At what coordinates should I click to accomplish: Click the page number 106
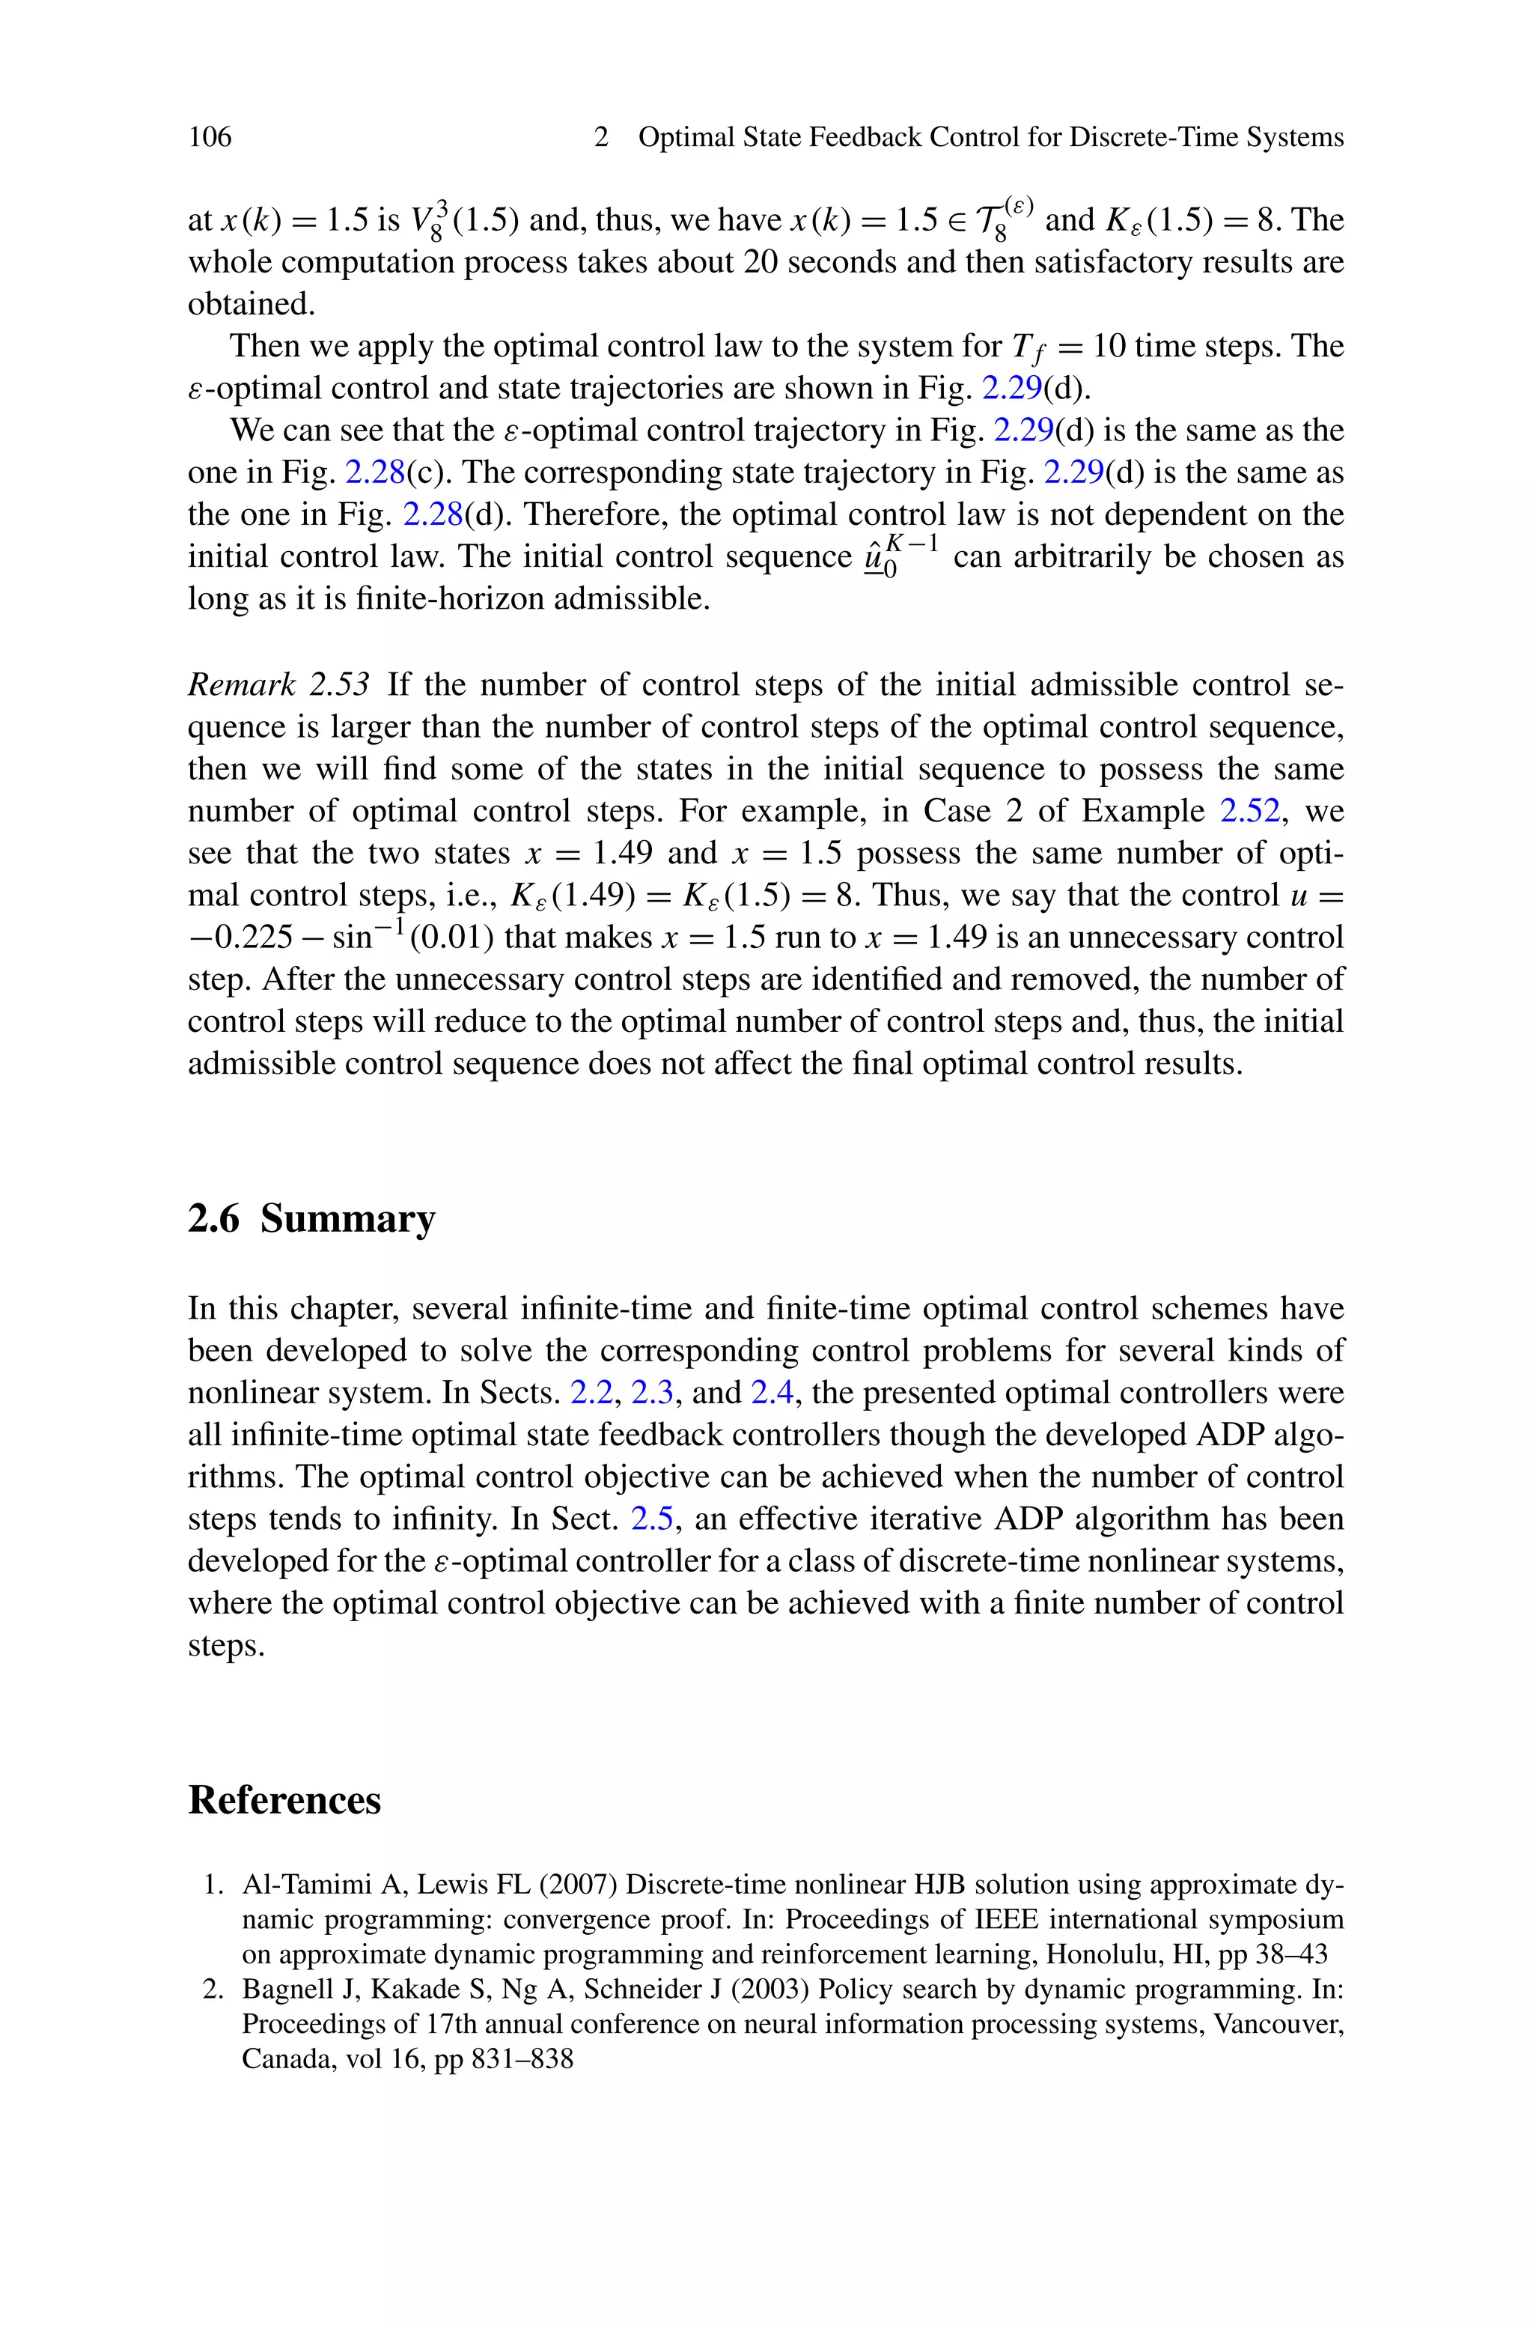(210, 137)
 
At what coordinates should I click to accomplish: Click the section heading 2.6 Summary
(311, 1219)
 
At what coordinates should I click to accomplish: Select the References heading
(284, 1800)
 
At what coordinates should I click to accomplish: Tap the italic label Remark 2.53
(278, 684)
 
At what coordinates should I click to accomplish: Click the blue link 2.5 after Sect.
(652, 1519)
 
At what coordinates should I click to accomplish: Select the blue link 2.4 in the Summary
(772, 1392)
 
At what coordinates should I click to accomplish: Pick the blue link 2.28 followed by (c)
(376, 472)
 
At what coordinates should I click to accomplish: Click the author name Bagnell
(280, 1989)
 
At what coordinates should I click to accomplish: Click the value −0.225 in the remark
(240, 937)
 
